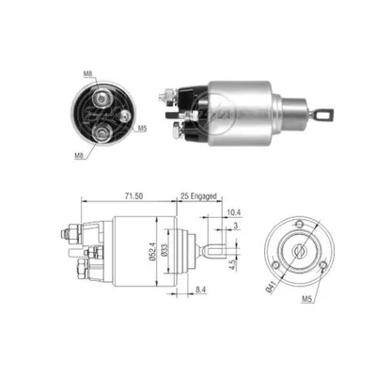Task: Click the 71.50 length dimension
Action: (x=133, y=196)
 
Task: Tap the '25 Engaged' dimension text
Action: (x=198, y=196)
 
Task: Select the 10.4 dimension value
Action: (x=234, y=212)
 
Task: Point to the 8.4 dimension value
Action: (x=200, y=290)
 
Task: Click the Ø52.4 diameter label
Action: (x=152, y=251)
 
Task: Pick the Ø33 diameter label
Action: (x=165, y=250)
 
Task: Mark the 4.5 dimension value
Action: (x=232, y=264)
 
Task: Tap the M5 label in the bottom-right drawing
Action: (x=307, y=300)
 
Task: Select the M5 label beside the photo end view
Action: (x=142, y=129)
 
